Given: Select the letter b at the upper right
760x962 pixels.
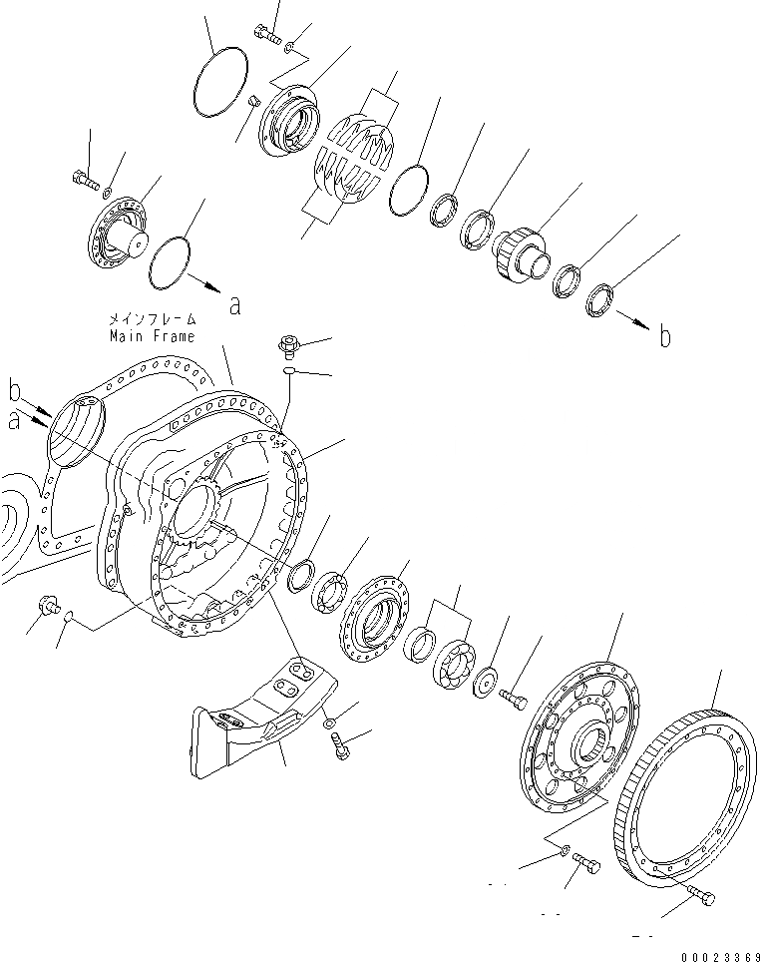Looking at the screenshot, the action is click(664, 337).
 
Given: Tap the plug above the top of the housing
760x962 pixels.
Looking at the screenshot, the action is click(286, 346).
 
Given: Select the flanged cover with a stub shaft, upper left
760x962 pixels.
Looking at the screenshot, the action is click(120, 236).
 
